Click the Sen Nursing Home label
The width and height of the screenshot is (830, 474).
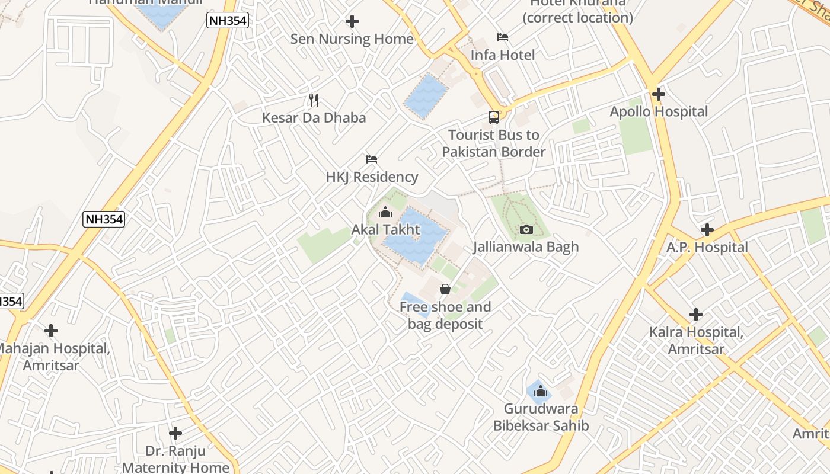point(352,39)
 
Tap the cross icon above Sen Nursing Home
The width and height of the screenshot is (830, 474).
point(352,22)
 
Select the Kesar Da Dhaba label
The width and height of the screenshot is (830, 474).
point(314,117)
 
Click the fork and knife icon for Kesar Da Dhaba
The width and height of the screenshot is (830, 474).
point(314,100)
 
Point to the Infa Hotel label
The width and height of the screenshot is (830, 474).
point(502,55)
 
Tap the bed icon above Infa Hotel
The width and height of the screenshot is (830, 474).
point(503,37)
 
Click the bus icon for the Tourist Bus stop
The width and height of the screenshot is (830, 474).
point(494,117)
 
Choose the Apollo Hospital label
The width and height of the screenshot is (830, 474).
point(659,111)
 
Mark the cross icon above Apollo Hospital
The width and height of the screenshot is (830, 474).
point(659,94)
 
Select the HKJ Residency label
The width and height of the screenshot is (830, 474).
point(372,177)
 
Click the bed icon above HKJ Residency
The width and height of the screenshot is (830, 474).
point(372,159)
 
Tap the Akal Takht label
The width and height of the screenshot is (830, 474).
point(385,229)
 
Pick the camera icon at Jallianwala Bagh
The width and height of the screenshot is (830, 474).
point(526,229)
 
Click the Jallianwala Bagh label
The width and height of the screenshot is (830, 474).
point(526,246)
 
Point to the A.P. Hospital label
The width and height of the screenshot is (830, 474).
point(707,247)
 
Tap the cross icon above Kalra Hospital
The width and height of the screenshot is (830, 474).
point(696,315)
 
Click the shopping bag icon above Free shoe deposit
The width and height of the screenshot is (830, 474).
point(445,289)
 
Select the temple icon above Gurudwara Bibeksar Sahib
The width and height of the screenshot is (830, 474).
point(541,391)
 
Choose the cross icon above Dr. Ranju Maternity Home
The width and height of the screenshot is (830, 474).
point(175,433)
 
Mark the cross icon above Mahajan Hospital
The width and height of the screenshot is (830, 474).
point(51,331)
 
